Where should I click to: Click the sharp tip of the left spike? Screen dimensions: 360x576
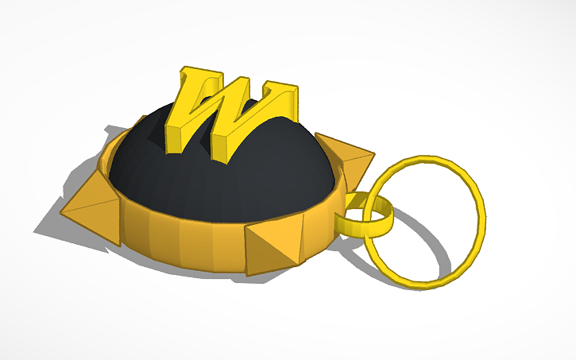pos(62,208)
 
